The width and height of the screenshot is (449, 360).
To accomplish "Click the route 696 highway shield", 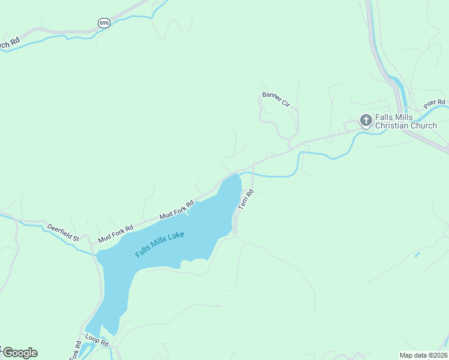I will tap(104, 23).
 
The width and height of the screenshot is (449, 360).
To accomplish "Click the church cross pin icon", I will tap(365, 120).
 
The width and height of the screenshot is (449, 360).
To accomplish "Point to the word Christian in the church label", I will tap(391, 126).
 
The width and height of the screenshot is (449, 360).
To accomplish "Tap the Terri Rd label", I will tap(246, 199).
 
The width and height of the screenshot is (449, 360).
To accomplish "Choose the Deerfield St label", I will tap(63, 233).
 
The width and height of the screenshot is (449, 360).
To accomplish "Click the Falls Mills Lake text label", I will tap(160, 245).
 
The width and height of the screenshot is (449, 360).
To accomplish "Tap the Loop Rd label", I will tap(97, 340).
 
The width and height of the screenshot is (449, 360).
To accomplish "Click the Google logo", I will tap(19, 353).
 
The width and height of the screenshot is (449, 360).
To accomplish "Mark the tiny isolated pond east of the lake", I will tap(417, 254).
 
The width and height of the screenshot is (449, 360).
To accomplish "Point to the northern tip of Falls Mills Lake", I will tap(237, 175).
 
